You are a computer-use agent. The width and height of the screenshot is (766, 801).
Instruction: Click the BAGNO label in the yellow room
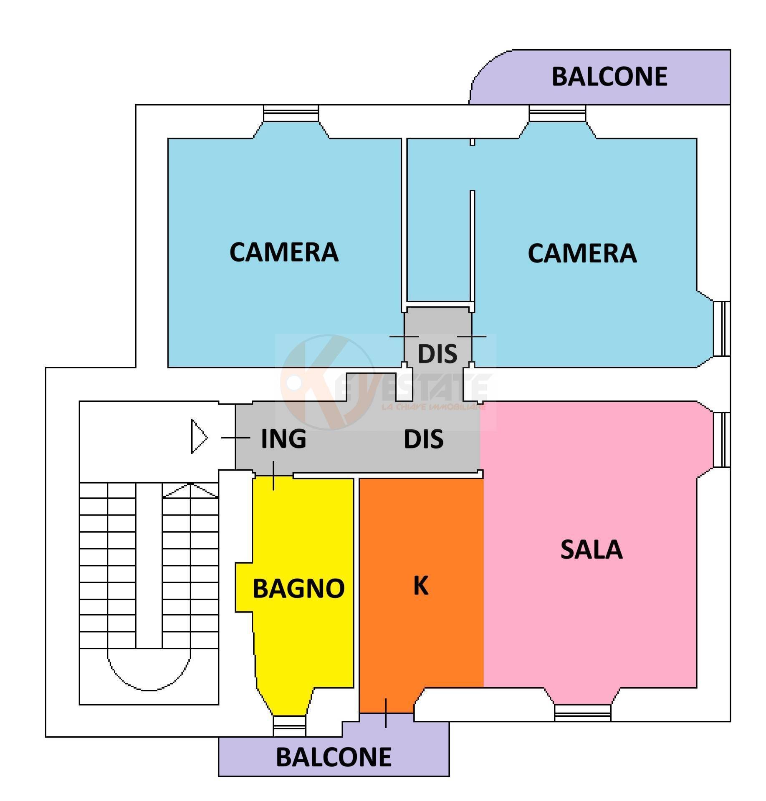(298, 589)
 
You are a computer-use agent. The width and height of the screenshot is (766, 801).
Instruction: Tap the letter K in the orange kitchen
(420, 585)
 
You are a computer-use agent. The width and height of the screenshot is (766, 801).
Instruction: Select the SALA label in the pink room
(591, 550)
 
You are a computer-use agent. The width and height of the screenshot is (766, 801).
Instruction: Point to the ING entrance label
(283, 438)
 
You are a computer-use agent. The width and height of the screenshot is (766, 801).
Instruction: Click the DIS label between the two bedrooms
(437, 354)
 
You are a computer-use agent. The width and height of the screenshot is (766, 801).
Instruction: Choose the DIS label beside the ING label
(423, 439)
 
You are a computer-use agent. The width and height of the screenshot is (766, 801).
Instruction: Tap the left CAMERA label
(284, 252)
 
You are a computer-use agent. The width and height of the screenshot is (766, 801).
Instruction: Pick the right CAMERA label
(582, 253)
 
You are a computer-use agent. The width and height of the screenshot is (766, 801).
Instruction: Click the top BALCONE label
(609, 77)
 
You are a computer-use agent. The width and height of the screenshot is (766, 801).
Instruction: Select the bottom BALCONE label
(334, 757)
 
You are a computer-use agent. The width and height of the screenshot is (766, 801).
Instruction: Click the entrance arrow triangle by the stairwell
(199, 437)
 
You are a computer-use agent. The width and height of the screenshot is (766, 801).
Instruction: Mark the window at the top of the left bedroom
(291, 113)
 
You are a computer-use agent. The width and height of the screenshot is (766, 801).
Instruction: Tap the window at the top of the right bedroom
(557, 113)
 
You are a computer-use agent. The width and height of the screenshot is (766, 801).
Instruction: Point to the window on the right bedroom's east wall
(721, 328)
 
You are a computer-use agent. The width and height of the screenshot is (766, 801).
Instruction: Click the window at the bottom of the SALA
(582, 713)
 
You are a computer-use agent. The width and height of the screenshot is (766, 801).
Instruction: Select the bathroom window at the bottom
(289, 726)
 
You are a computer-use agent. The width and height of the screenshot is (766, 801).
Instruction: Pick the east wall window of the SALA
(721, 439)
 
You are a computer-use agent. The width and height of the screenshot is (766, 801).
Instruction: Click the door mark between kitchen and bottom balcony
(386, 713)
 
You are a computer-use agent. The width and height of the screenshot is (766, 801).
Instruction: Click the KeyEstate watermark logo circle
(328, 382)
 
